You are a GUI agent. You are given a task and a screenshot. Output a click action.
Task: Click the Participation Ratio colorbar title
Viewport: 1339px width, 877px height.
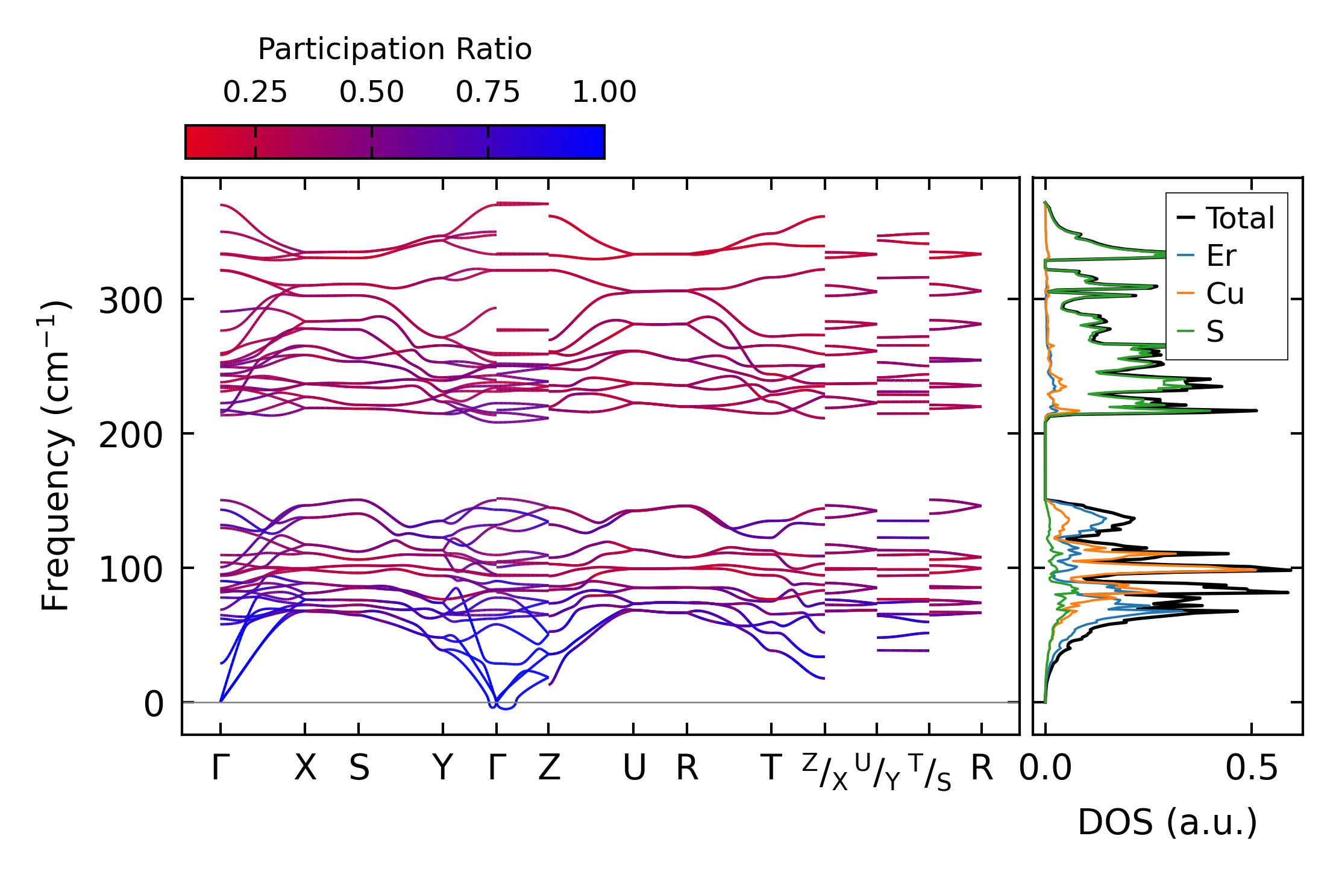[x=395, y=49]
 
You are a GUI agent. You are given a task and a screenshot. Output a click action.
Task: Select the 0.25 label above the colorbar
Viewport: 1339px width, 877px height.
[x=255, y=92]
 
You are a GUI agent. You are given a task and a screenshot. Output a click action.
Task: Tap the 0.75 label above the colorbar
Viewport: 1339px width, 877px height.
[x=488, y=92]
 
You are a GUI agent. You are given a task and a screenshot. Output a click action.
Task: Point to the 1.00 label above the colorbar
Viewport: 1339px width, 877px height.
[x=604, y=92]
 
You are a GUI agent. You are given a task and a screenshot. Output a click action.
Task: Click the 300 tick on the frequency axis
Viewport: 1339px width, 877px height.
[x=131, y=300]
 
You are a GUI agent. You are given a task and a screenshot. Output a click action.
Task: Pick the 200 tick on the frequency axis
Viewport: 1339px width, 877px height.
[x=131, y=435]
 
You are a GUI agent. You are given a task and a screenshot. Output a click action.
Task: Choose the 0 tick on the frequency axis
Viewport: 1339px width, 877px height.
[x=154, y=703]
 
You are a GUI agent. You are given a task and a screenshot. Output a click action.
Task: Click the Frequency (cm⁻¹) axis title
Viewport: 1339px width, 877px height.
[x=56, y=456]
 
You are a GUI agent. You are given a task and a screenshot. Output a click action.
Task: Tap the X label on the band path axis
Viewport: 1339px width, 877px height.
[x=305, y=769]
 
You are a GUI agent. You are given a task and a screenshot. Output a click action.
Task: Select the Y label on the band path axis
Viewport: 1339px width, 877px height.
[x=443, y=769]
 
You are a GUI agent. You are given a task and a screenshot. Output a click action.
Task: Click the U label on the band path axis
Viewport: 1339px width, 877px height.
[x=634, y=769]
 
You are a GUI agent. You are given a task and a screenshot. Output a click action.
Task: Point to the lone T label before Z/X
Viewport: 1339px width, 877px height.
[x=771, y=769]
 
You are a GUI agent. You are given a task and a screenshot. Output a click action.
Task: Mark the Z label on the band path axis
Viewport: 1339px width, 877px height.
[x=549, y=769]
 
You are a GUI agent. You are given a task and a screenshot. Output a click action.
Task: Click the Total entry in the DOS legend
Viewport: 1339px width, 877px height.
[x=1240, y=218]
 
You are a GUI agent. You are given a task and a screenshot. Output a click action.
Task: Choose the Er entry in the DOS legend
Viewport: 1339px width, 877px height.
[x=1221, y=256]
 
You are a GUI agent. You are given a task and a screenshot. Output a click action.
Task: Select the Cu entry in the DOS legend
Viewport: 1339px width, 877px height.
[x=1225, y=294]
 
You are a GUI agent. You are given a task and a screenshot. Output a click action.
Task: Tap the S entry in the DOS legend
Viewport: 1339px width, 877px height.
[x=1215, y=332]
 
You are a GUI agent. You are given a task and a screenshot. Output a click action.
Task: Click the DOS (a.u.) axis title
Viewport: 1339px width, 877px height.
[x=1167, y=822]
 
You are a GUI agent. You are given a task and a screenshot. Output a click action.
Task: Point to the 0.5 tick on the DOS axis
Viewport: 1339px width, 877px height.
[x=1252, y=769]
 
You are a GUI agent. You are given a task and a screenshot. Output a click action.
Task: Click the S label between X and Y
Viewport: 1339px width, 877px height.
[x=359, y=769]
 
